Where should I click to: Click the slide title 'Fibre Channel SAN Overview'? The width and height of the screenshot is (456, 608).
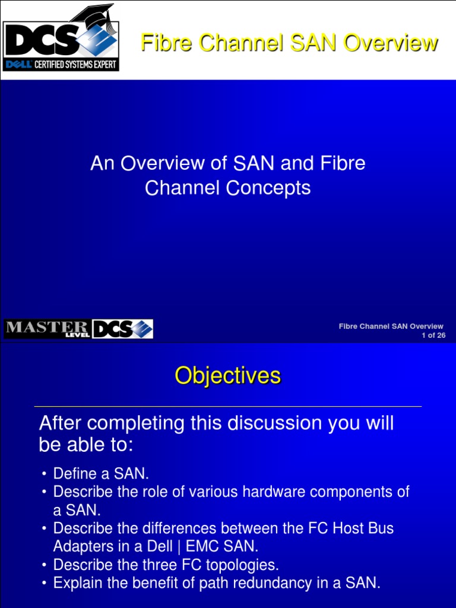click(289, 43)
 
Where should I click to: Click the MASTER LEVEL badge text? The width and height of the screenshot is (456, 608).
click(46, 329)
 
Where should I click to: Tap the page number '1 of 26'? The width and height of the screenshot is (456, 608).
click(433, 335)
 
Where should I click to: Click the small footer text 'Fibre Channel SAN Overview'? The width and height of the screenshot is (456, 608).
click(391, 326)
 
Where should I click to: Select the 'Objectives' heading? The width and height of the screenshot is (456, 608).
click(227, 376)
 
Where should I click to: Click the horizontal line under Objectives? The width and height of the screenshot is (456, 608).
click(227, 407)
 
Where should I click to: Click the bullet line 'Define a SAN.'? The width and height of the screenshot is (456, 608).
click(101, 474)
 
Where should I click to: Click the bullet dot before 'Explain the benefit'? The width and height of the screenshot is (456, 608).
click(44, 584)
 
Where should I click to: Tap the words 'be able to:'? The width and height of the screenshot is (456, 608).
click(86, 445)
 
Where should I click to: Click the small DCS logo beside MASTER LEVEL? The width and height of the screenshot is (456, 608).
click(122, 329)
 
